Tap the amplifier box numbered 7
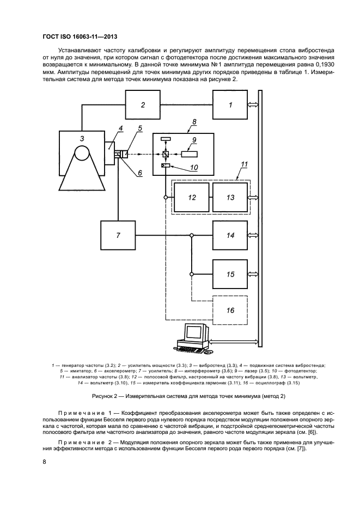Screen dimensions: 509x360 tap(118, 235)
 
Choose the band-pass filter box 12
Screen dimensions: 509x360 tap(192, 197)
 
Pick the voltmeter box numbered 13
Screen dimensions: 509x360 tap(230, 197)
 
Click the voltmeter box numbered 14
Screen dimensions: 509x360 tap(230, 235)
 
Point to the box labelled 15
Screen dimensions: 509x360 tap(230, 274)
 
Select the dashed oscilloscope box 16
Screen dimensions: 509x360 tap(230, 310)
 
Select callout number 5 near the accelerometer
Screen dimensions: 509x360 tap(140, 128)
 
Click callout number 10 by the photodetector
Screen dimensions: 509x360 tap(193, 167)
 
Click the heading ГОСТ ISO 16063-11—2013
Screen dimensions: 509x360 tap(80, 36)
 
